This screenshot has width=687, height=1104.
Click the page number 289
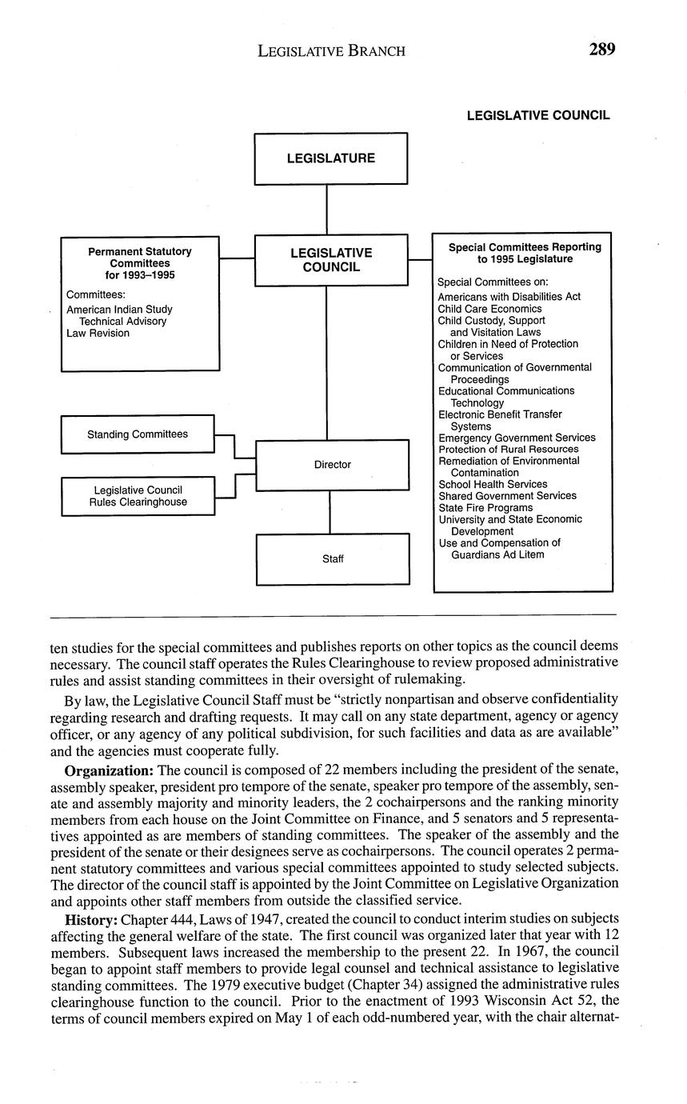click(x=601, y=50)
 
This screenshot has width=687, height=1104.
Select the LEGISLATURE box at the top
click(x=330, y=158)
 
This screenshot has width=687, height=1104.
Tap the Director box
click(x=332, y=465)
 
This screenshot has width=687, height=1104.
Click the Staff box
click(x=333, y=559)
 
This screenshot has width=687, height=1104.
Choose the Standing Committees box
click(x=138, y=434)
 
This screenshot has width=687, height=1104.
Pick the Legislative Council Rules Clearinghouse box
click(x=138, y=496)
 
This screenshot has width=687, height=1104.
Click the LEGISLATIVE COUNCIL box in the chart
click(x=330, y=260)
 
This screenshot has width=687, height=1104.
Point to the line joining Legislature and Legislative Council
click(x=326, y=209)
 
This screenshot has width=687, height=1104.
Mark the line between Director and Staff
click(x=330, y=512)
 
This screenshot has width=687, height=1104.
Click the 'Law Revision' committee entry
click(x=98, y=334)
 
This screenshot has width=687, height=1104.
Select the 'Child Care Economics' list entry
click(x=489, y=309)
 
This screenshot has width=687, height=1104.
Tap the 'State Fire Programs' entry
click(x=485, y=508)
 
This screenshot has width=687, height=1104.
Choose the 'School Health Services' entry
click(x=493, y=484)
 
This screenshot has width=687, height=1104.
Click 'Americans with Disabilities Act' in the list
click(x=509, y=297)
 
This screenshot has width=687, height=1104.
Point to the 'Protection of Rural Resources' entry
click(x=508, y=450)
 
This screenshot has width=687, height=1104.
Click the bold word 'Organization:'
click(x=109, y=770)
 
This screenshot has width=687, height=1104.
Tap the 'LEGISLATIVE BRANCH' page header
click(x=331, y=51)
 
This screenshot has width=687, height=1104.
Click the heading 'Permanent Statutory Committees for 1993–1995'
click(x=140, y=263)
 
